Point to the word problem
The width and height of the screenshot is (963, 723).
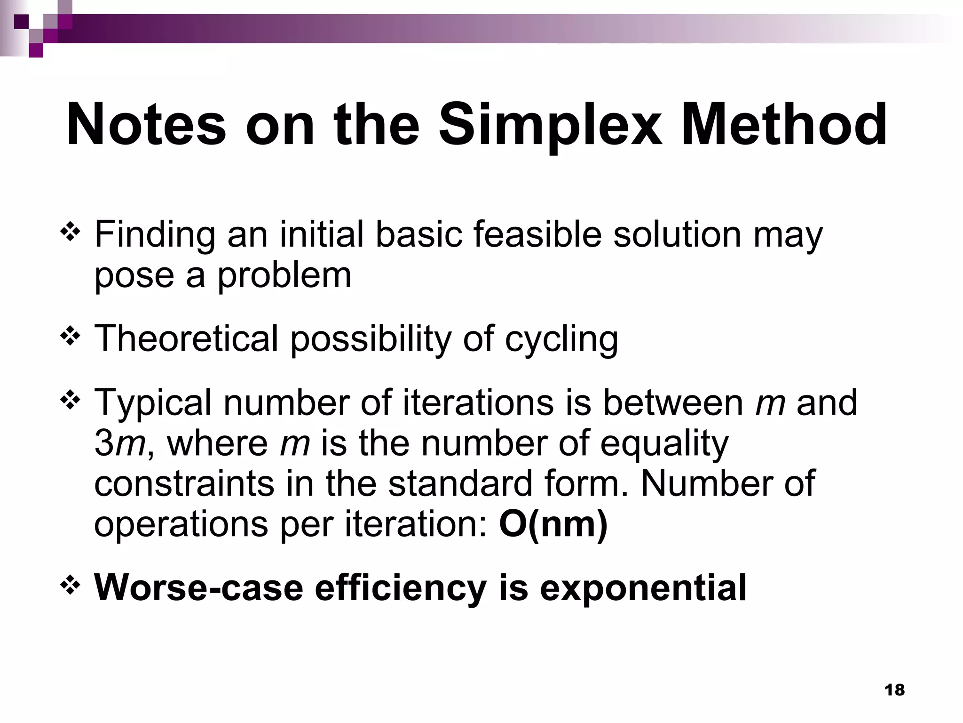point(284,276)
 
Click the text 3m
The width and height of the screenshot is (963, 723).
point(119,444)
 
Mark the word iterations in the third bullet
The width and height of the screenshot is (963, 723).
point(478,402)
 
